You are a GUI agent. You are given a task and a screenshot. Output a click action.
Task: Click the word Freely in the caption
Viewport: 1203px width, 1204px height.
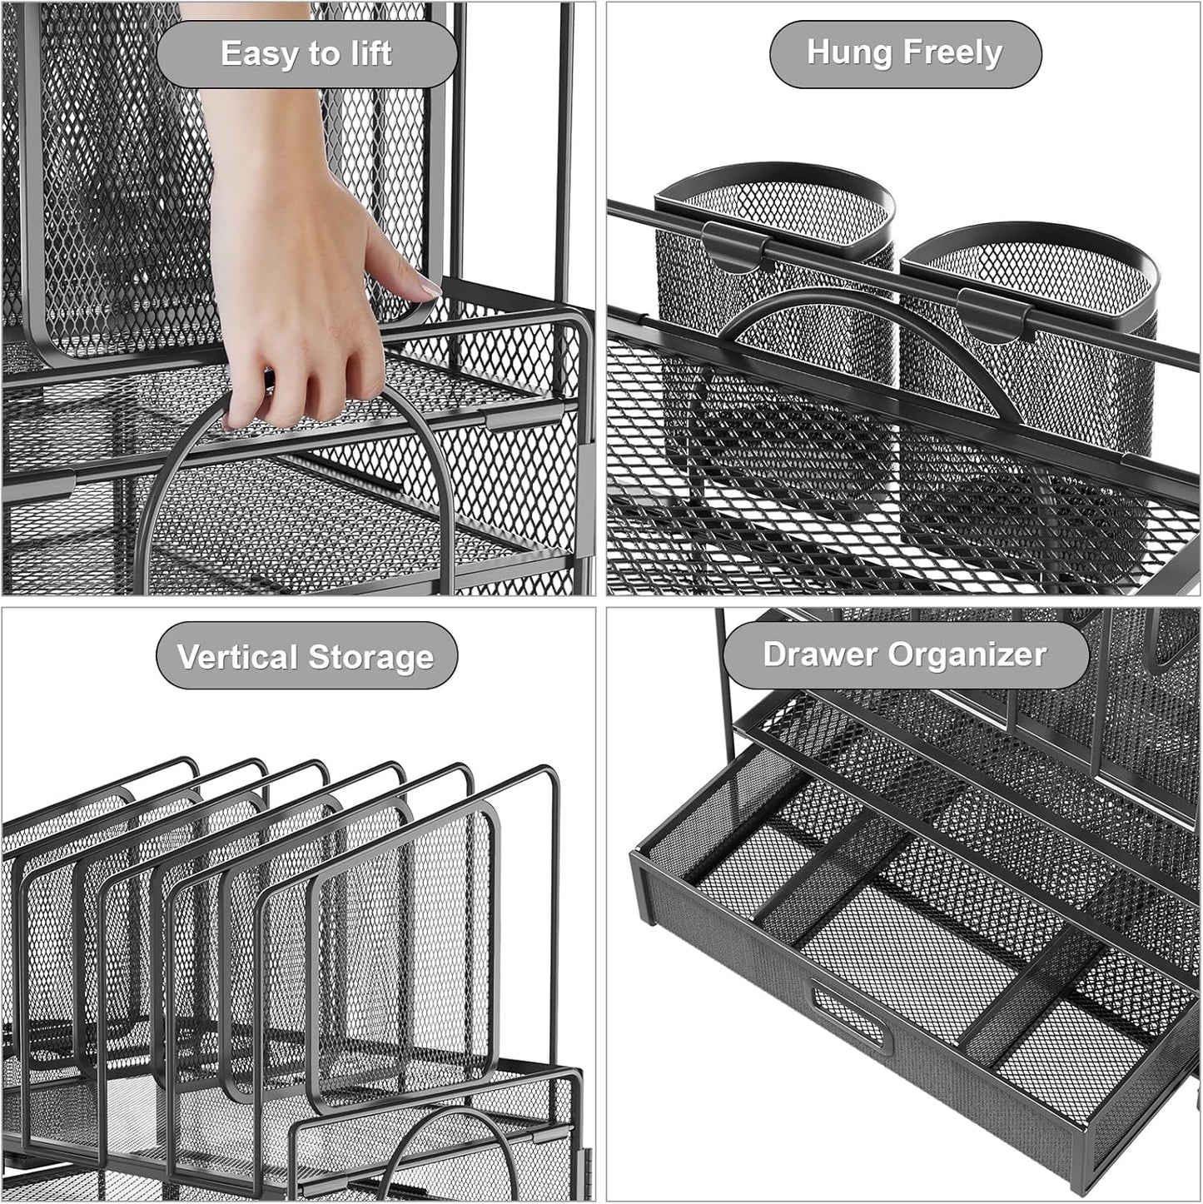[953, 52]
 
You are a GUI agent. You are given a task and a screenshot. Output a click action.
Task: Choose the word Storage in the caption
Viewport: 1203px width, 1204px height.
[370, 657]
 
